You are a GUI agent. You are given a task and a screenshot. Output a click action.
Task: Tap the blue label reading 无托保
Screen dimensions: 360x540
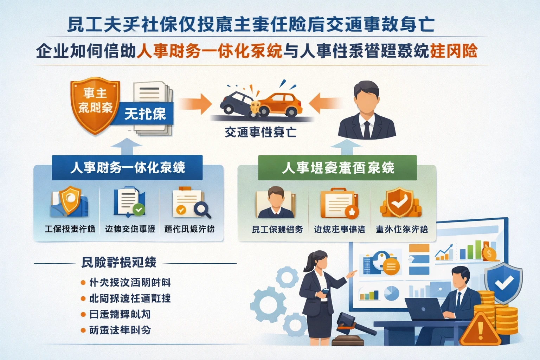pos(145,114)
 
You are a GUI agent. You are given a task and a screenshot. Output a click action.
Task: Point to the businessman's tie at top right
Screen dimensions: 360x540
pos(367,129)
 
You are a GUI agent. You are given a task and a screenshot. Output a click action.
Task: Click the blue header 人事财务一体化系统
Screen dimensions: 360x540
pos(127,168)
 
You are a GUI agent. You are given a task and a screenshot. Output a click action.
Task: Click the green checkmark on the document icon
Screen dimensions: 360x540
pos(139,210)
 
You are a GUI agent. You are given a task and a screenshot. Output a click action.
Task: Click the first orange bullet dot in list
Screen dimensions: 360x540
pos(83,283)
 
